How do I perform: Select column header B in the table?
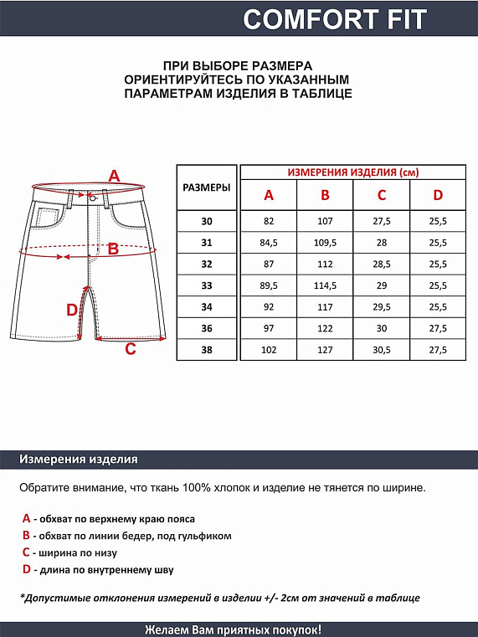(x=325, y=196)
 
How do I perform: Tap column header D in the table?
(x=437, y=196)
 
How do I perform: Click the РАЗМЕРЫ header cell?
(x=207, y=188)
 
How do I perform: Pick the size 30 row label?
(x=207, y=221)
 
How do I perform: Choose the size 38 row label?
(x=207, y=351)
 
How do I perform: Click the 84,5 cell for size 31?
(x=269, y=243)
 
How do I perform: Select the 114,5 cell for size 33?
(x=325, y=285)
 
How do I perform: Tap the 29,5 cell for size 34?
(x=381, y=307)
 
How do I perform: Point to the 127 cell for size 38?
(x=325, y=351)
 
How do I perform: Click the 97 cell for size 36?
(x=269, y=329)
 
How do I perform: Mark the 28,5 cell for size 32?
(x=381, y=265)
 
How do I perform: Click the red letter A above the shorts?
(x=115, y=176)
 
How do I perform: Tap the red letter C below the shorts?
(x=130, y=349)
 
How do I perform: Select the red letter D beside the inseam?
(x=72, y=311)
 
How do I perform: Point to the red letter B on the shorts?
(x=114, y=249)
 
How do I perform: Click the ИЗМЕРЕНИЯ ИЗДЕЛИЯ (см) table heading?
(x=352, y=172)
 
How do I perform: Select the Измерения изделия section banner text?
(x=79, y=460)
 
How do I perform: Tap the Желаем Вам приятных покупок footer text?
(x=233, y=629)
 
